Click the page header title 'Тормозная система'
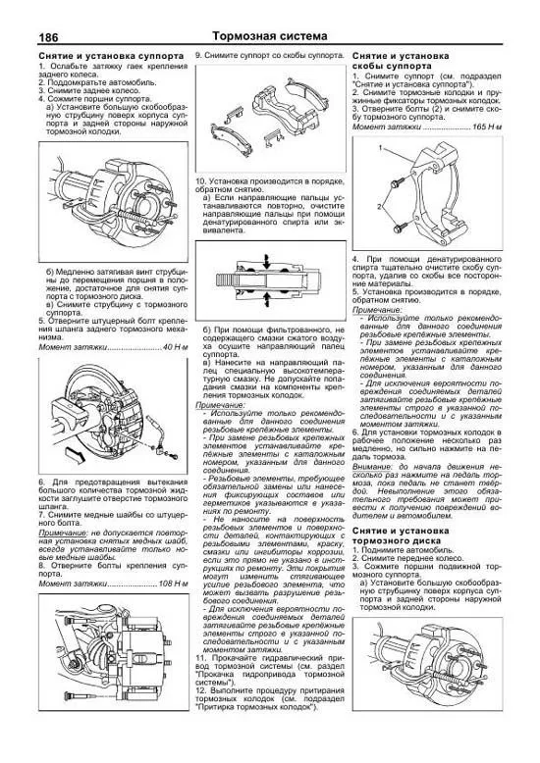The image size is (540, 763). coord(268,35)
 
